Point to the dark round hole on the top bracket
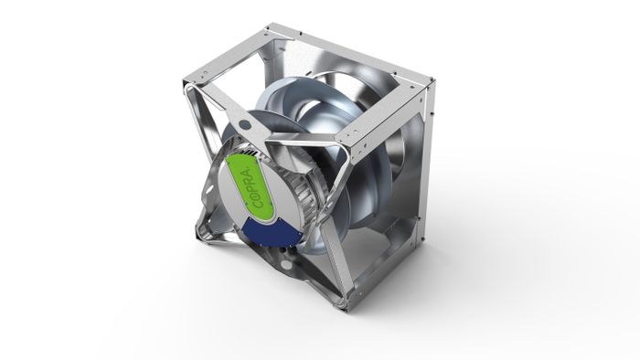click(x=244, y=122)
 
